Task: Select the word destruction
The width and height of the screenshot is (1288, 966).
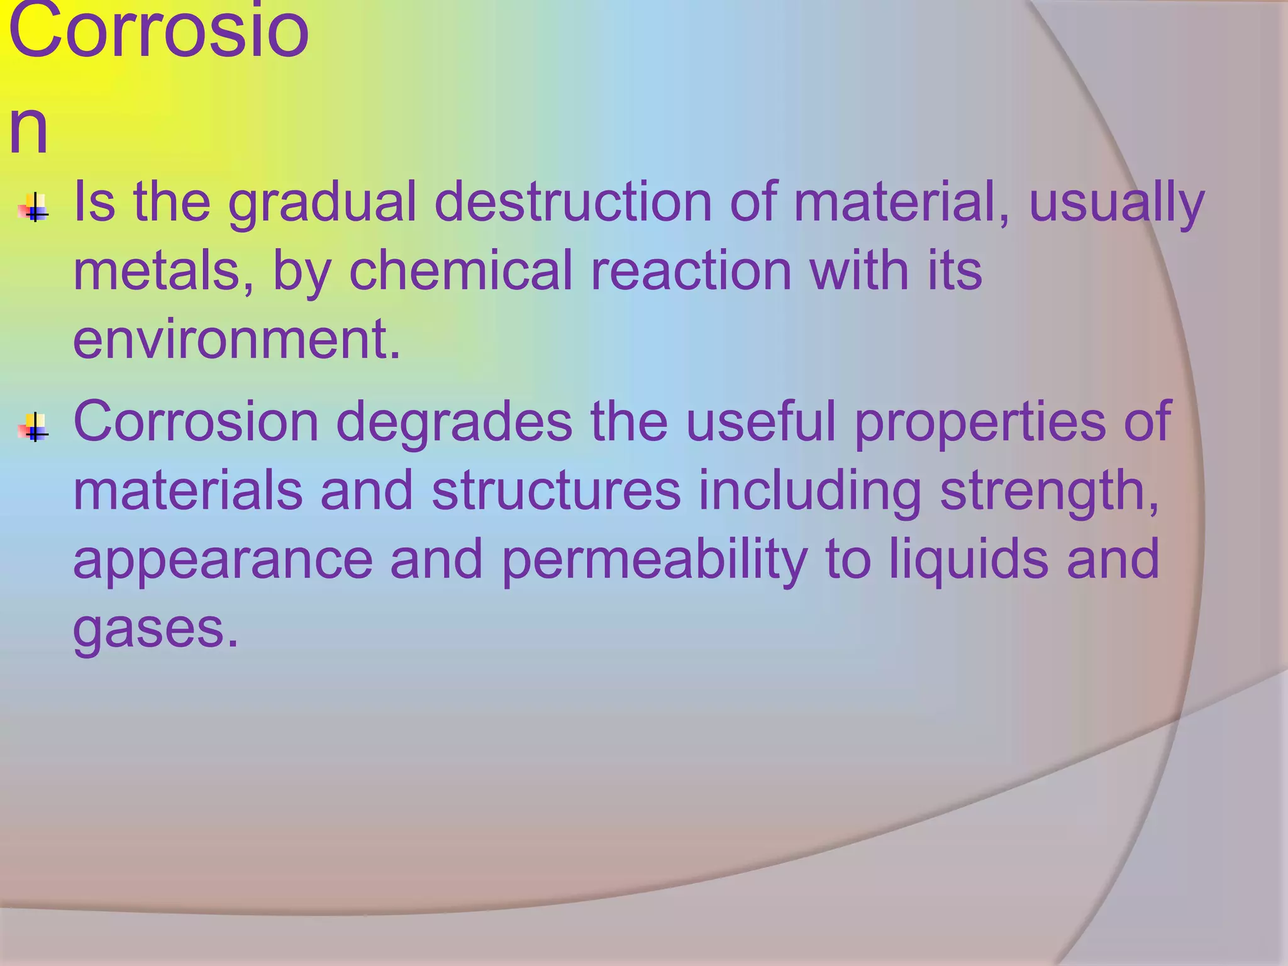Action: click(x=572, y=203)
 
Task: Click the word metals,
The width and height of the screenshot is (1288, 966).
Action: click(x=164, y=271)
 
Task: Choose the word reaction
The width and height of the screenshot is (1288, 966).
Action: click(x=691, y=271)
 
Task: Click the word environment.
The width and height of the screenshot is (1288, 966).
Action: click(x=236, y=340)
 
